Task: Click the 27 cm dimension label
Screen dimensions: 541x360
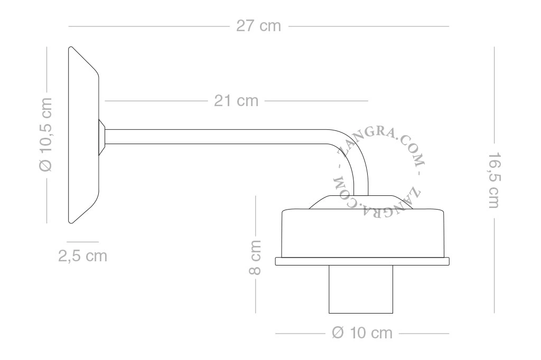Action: pyautogui.click(x=258, y=26)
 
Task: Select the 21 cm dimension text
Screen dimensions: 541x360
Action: pyautogui.click(x=236, y=101)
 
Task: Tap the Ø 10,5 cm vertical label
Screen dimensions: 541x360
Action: pyautogui.click(x=45, y=135)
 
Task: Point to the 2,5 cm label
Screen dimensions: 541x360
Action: pyautogui.click(x=83, y=256)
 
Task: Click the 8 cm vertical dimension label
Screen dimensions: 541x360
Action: pyautogui.click(x=255, y=258)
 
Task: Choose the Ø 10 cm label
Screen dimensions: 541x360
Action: pyautogui.click(x=362, y=333)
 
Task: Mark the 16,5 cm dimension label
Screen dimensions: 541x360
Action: pyautogui.click(x=494, y=180)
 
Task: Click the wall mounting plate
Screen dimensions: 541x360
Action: pyautogui.click(x=84, y=135)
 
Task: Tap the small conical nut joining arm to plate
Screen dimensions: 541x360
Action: pyautogui.click(x=102, y=137)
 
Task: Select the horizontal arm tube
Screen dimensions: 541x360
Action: pyautogui.click(x=216, y=137)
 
